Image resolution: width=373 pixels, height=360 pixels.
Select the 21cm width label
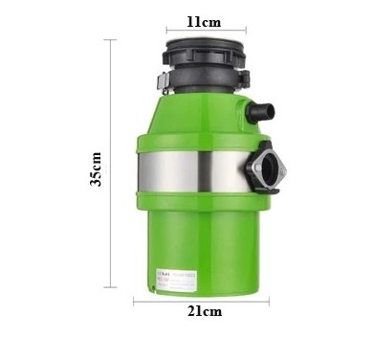coord(205,312)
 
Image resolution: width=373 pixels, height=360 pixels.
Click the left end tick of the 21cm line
coord(133,301)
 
